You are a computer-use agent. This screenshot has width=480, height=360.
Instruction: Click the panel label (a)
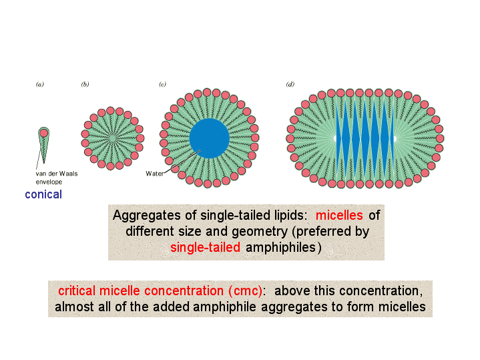[40, 84]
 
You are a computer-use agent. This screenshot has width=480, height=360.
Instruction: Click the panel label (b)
[85, 84]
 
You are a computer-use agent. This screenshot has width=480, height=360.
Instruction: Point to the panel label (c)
[162, 84]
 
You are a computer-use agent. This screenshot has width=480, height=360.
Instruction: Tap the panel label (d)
[290, 84]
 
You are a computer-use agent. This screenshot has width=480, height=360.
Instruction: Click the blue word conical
[43, 194]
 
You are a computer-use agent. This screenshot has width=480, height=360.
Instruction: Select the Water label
[155, 174]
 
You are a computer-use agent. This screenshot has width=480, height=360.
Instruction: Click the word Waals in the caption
[68, 174]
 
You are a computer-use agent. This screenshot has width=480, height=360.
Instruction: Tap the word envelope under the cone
[49, 182]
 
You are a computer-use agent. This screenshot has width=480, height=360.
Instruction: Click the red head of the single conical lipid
[44, 133]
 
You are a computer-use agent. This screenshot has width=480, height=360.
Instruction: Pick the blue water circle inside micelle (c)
[210, 138]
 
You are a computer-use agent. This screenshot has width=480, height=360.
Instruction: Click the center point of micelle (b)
[112, 138]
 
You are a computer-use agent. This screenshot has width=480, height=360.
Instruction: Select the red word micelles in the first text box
[339, 215]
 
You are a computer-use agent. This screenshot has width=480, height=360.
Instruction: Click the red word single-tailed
[205, 247]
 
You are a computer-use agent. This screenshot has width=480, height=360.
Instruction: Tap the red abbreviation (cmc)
[245, 291]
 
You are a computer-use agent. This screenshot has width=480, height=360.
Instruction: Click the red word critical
[77, 291]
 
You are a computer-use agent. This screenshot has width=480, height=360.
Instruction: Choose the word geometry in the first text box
[260, 232]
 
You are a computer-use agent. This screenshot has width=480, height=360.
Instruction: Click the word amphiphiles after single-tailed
[280, 248]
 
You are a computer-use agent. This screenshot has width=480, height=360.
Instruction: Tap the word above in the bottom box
[290, 291]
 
